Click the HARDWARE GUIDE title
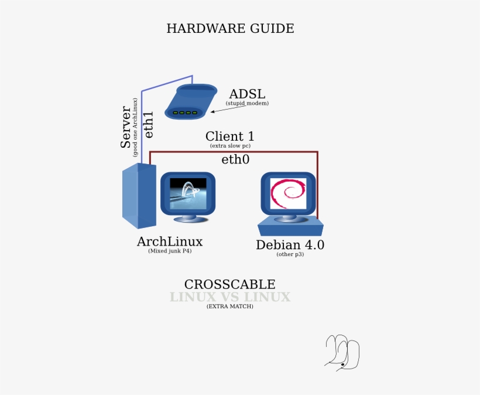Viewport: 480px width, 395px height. (230, 28)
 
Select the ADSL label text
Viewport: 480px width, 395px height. (247, 94)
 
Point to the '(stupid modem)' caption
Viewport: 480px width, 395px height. (247, 103)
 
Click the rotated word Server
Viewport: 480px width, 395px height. (126, 127)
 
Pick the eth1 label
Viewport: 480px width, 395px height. (149, 124)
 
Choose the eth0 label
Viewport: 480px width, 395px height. (235, 159)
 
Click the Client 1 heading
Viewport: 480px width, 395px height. (229, 137)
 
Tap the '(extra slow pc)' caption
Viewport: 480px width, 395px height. (229, 145)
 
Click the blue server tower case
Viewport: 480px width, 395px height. (139, 196)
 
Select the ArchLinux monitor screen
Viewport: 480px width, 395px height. (188, 193)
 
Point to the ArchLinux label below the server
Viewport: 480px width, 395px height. (170, 241)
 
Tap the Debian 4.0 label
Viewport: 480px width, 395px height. (290, 245)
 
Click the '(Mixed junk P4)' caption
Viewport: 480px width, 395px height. (170, 251)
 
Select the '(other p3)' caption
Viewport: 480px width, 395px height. (290, 254)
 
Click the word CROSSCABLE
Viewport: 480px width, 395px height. (229, 284)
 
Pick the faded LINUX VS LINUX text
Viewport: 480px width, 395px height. (229, 297)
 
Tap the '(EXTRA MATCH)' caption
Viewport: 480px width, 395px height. (229, 307)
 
